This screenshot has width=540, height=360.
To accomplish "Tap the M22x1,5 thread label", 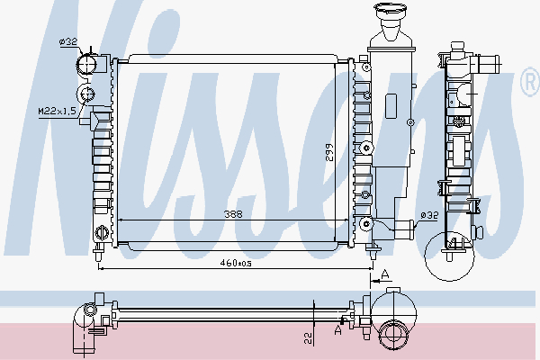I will (55, 111).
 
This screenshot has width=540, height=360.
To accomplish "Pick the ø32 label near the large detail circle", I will (430, 215).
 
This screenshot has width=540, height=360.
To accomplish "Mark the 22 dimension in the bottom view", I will (307, 337).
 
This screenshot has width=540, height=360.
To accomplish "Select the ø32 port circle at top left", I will (88, 64).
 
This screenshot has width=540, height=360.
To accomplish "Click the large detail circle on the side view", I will (452, 253).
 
